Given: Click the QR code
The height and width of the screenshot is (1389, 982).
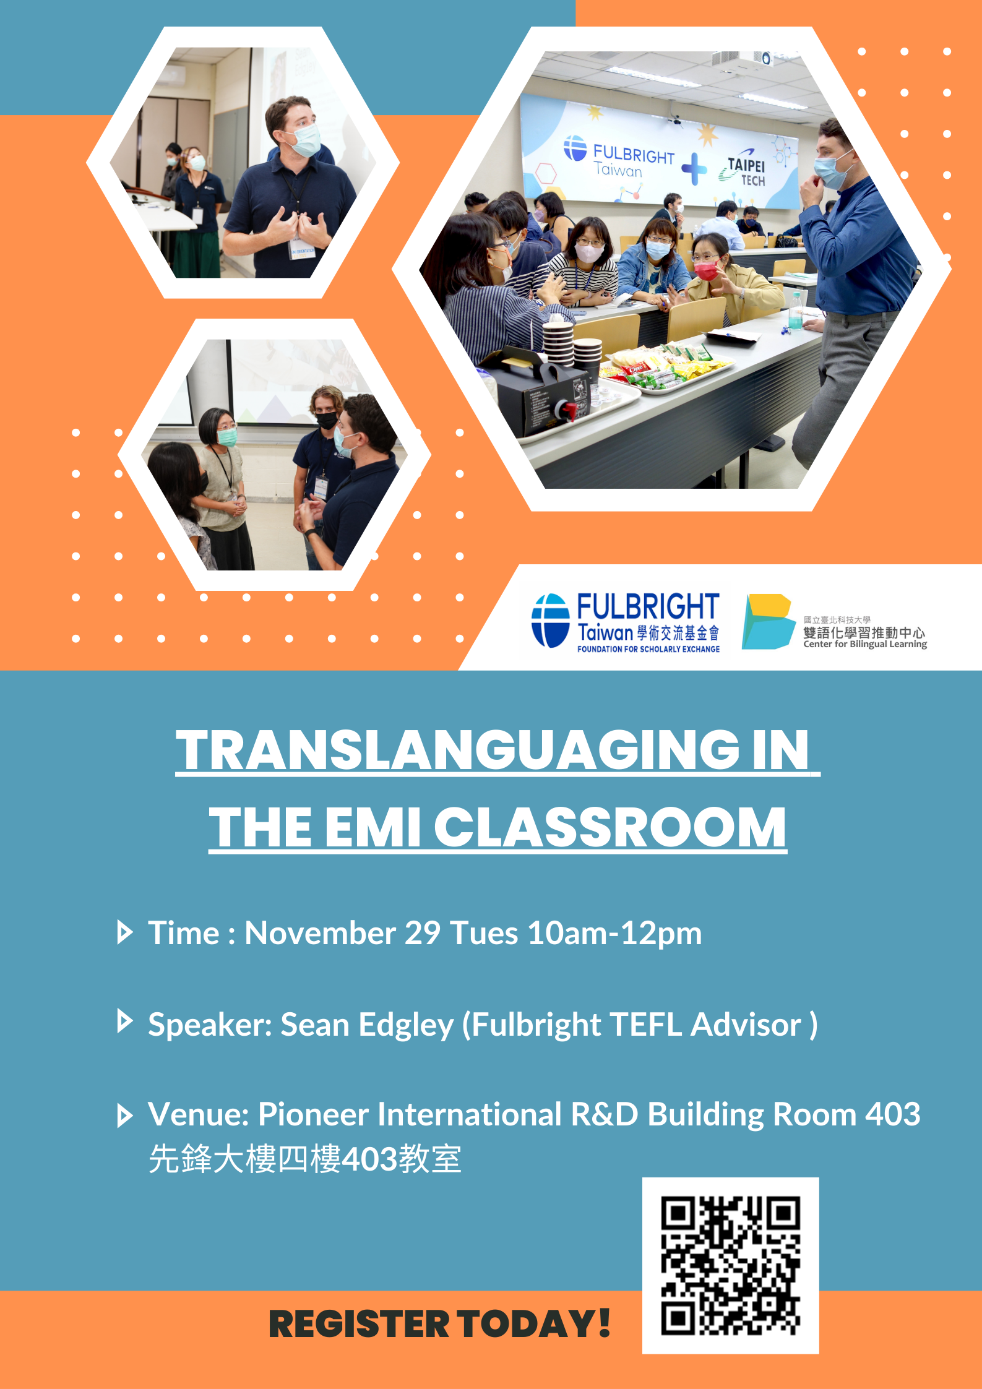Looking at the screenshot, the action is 730,1265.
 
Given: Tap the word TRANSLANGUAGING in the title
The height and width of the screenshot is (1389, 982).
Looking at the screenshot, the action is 458,750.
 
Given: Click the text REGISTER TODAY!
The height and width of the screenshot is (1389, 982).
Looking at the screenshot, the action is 439,1324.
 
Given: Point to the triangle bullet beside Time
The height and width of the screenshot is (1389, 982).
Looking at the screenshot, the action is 125,932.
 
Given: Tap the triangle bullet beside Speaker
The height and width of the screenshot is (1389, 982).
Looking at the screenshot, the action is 125,1021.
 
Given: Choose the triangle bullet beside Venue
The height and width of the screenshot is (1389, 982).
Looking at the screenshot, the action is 125,1116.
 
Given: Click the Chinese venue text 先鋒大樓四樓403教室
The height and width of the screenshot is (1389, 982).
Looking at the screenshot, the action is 305,1158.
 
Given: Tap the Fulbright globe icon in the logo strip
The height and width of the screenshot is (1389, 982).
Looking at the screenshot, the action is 550,621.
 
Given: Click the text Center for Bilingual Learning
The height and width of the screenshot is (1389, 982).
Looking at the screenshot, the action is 865,644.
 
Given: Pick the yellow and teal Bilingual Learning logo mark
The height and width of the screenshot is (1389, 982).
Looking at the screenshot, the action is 768,621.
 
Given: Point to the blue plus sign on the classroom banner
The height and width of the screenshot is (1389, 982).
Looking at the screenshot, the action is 694,168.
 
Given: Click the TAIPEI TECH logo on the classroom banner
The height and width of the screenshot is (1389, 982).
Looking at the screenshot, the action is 743,167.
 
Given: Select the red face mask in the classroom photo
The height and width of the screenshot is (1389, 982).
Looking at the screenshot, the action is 705,270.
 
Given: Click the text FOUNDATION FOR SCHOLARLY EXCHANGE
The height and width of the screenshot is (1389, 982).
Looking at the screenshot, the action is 648,649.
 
